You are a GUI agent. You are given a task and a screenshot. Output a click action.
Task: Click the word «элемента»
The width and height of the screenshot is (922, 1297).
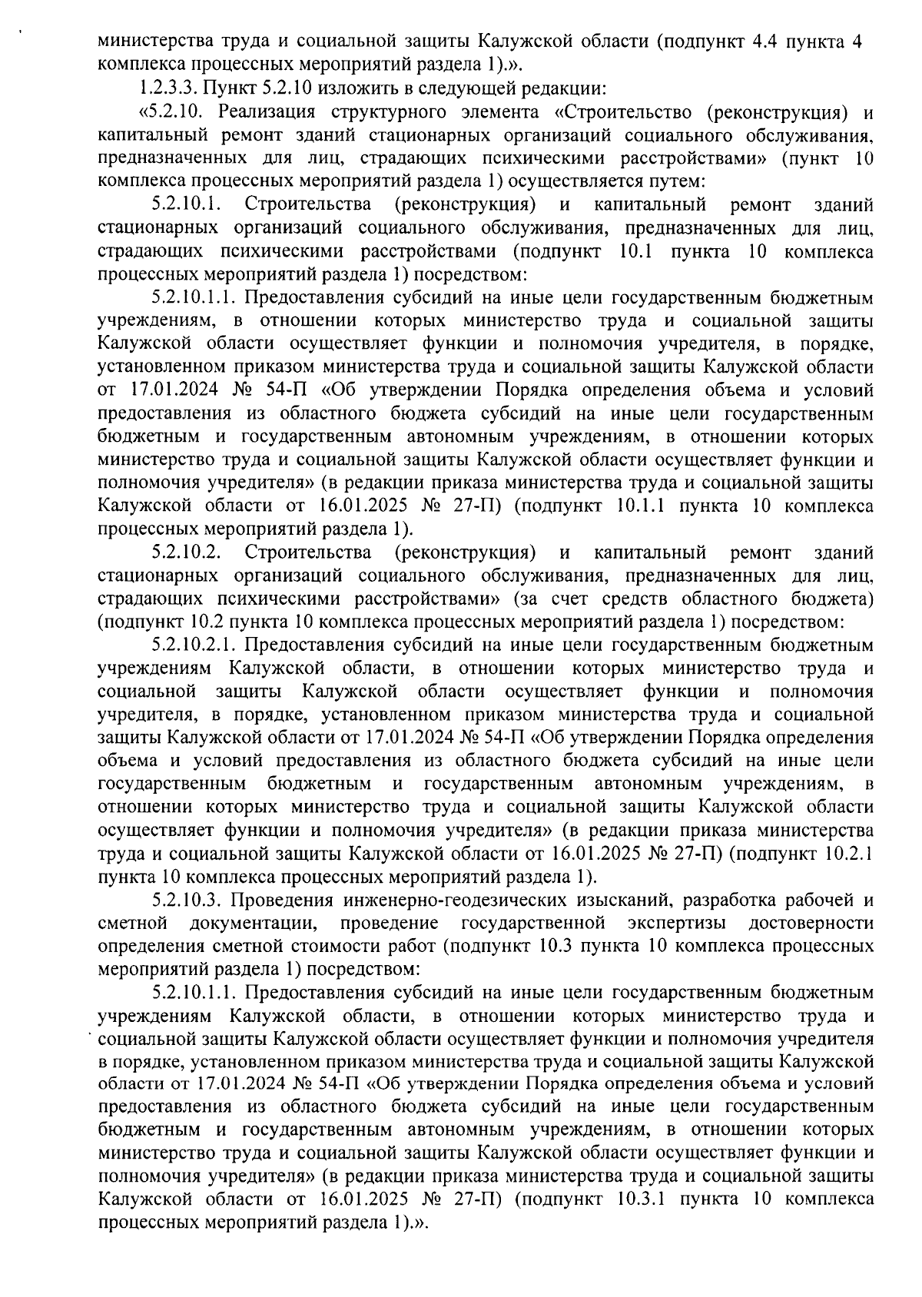pos(506,113)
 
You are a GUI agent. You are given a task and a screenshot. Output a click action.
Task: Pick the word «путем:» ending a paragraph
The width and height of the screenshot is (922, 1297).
pos(670,183)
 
